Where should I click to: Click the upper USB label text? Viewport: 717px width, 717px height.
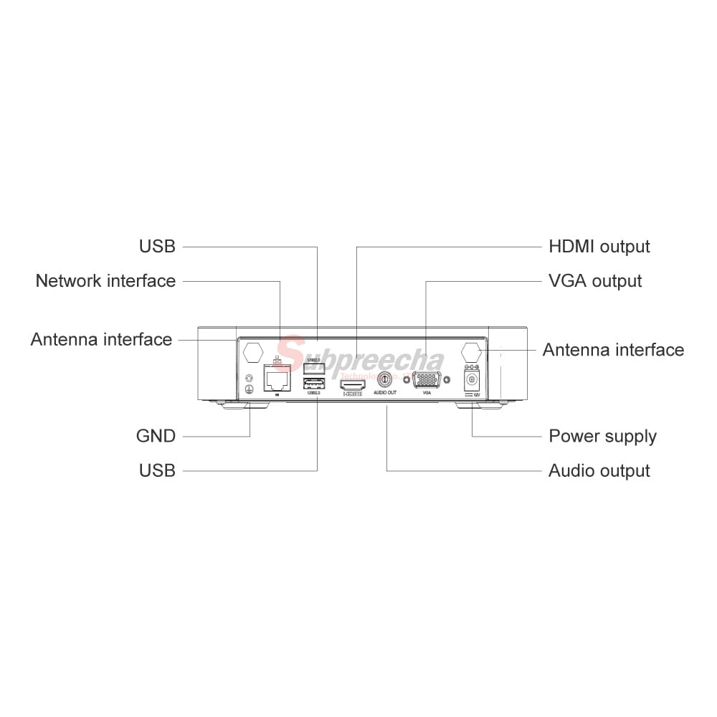(157, 246)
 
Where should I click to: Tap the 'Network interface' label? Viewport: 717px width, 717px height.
(105, 280)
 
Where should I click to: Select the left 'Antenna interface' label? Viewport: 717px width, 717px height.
(101, 339)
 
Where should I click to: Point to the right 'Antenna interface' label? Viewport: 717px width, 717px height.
(613, 350)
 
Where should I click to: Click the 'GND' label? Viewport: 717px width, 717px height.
(156, 436)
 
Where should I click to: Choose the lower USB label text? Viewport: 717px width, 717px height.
(157, 470)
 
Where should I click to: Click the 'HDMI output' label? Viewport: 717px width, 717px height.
(599, 247)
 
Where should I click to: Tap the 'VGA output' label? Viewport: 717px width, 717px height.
(595, 281)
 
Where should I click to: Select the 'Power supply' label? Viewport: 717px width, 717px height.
(602, 436)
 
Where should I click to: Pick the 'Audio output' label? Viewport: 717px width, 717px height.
(599, 471)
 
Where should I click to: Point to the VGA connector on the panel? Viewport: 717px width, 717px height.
(427, 380)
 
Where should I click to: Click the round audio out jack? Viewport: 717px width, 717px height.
(385, 379)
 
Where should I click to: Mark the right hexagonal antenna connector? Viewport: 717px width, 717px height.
(471, 353)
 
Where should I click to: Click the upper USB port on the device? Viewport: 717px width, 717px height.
(314, 369)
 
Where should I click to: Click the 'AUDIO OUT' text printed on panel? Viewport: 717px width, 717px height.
(385, 393)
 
